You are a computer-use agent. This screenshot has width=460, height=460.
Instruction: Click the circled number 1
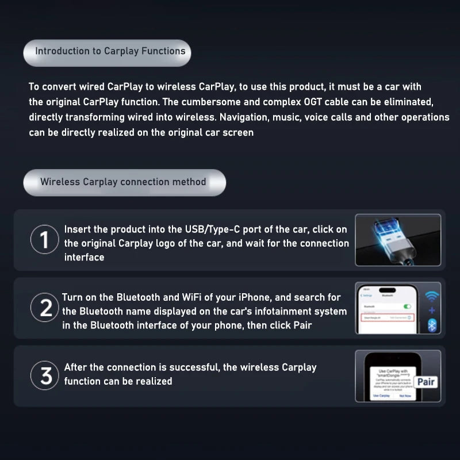(x=44, y=240)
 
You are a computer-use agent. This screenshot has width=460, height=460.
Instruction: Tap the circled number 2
(x=45, y=308)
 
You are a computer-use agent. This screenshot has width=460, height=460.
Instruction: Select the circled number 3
(x=45, y=376)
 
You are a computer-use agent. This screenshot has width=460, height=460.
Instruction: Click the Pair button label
(x=426, y=382)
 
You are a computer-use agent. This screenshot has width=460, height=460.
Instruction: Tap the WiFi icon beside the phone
(x=432, y=296)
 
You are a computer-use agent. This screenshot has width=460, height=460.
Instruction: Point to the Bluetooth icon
(x=432, y=325)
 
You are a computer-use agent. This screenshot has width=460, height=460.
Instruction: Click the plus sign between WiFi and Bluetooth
(x=432, y=311)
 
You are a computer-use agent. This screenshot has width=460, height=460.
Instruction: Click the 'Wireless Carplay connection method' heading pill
(x=123, y=182)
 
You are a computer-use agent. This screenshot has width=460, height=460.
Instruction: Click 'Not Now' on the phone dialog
(x=404, y=396)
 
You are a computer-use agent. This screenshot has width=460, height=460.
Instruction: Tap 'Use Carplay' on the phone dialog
(x=381, y=396)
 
